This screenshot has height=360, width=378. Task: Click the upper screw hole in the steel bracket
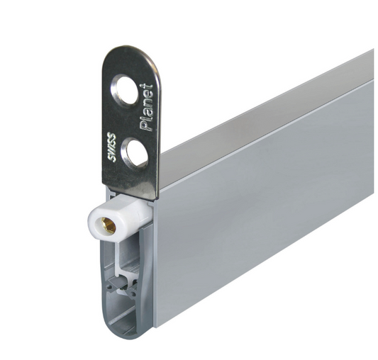(x=125, y=90)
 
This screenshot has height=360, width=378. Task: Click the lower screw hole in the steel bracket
(x=135, y=154)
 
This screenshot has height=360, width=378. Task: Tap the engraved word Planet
(x=147, y=108)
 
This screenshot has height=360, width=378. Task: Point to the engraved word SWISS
(x=111, y=147)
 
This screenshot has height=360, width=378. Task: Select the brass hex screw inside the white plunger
(x=109, y=225)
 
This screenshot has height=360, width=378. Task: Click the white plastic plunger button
(x=119, y=218)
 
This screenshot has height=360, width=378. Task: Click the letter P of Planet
(x=146, y=125)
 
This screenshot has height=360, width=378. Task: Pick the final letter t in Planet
(x=146, y=86)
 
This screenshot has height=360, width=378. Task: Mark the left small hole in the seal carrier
(x=110, y=287)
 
